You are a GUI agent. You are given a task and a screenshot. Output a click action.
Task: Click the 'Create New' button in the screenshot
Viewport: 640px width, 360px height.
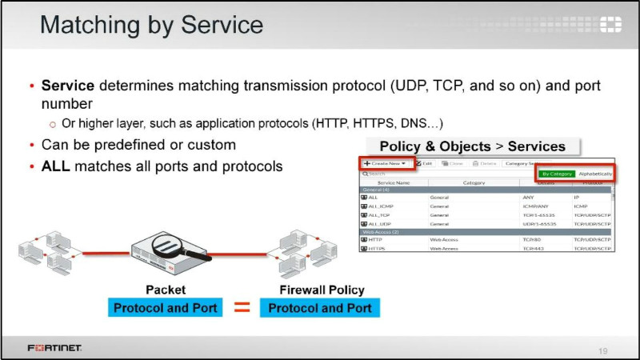[385, 163]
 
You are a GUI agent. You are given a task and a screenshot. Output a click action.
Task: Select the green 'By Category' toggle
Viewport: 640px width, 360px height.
[557, 174]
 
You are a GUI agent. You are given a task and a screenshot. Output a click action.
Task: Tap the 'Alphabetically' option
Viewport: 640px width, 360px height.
[595, 174]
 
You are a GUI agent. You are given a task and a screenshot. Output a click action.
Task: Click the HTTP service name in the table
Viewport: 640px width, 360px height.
[376, 239]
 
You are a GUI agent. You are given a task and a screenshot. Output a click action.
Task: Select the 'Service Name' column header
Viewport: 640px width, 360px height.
[393, 182]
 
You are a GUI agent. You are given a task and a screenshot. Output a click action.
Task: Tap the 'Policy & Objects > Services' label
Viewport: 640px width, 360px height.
[472, 146]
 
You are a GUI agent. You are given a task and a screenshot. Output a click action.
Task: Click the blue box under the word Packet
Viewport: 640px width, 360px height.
[166, 308]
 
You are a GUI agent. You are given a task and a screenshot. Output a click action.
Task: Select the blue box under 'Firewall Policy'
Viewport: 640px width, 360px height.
[320, 308]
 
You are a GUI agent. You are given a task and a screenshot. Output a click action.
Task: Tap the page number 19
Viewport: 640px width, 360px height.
[604, 350]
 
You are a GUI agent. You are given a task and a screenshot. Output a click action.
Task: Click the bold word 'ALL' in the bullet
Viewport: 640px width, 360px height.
[55, 167]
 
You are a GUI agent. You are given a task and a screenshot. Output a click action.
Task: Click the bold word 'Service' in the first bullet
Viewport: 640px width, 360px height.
[67, 85]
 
